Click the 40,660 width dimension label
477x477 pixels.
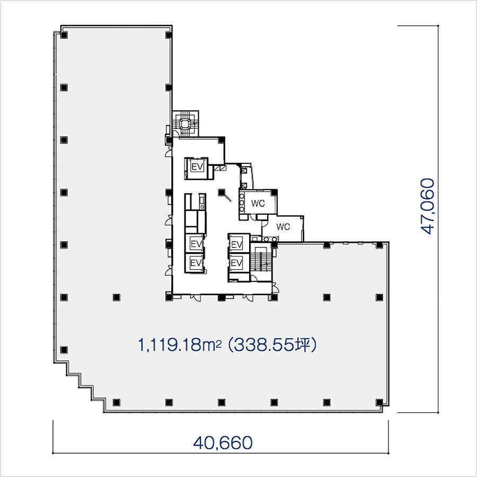(x=223, y=443)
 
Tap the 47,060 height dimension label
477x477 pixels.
(x=428, y=206)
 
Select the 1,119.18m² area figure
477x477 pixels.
(x=180, y=345)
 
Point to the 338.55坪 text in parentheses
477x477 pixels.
(x=272, y=345)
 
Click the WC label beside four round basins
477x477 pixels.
(x=258, y=203)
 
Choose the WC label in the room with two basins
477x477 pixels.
(x=283, y=227)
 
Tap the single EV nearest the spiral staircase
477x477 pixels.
(x=197, y=167)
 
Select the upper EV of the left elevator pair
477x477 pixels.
(x=196, y=244)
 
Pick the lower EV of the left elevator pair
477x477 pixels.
(x=196, y=262)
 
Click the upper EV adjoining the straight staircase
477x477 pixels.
(x=237, y=244)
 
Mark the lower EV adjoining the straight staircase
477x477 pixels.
(x=237, y=262)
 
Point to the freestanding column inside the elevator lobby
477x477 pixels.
(x=222, y=192)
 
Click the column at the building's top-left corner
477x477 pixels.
(x=64, y=35)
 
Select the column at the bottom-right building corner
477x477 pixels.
(x=379, y=402)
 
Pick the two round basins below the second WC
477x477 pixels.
(x=269, y=239)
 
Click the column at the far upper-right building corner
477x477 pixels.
(x=379, y=245)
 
